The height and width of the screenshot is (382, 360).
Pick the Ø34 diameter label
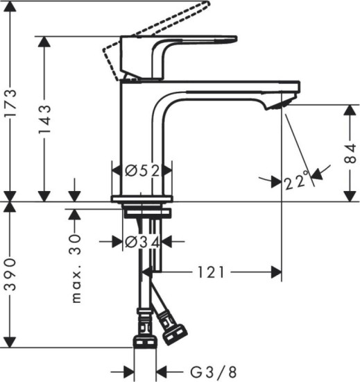pyautogui.click(x=142, y=242)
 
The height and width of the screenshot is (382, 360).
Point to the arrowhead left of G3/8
pyautogui.click(x=128, y=371)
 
